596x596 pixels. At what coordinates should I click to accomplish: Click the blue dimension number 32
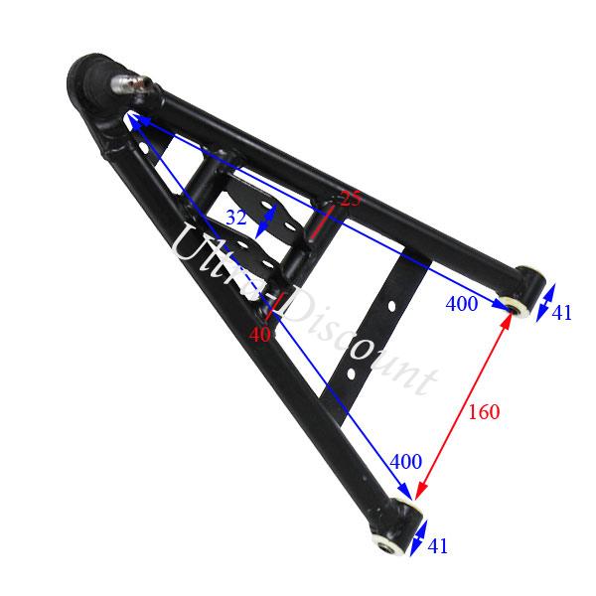pyautogui.click(x=235, y=217)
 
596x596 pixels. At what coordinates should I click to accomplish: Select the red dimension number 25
pyautogui.click(x=350, y=198)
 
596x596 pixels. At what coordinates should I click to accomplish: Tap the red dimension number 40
pyautogui.click(x=259, y=335)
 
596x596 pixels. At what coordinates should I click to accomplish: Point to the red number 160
pyautogui.click(x=484, y=410)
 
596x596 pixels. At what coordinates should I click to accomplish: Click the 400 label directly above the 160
pyautogui.click(x=462, y=304)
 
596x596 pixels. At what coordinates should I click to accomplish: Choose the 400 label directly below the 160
pyautogui.click(x=406, y=461)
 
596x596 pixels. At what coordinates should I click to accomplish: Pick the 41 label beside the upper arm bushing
pyautogui.click(x=562, y=313)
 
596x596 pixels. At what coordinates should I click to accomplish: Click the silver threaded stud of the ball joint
pyautogui.click(x=130, y=83)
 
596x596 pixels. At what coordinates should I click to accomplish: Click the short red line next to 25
pyautogui.click(x=321, y=221)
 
